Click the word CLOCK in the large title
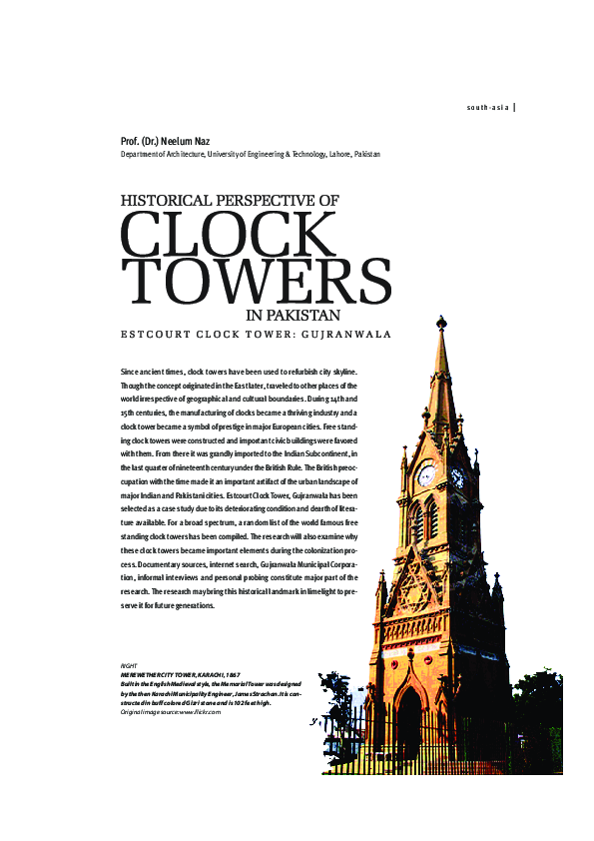coord(229,236)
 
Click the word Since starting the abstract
coord(131,371)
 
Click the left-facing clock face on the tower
coord(424,474)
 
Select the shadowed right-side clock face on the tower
coord(457,477)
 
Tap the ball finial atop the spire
coord(441,322)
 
